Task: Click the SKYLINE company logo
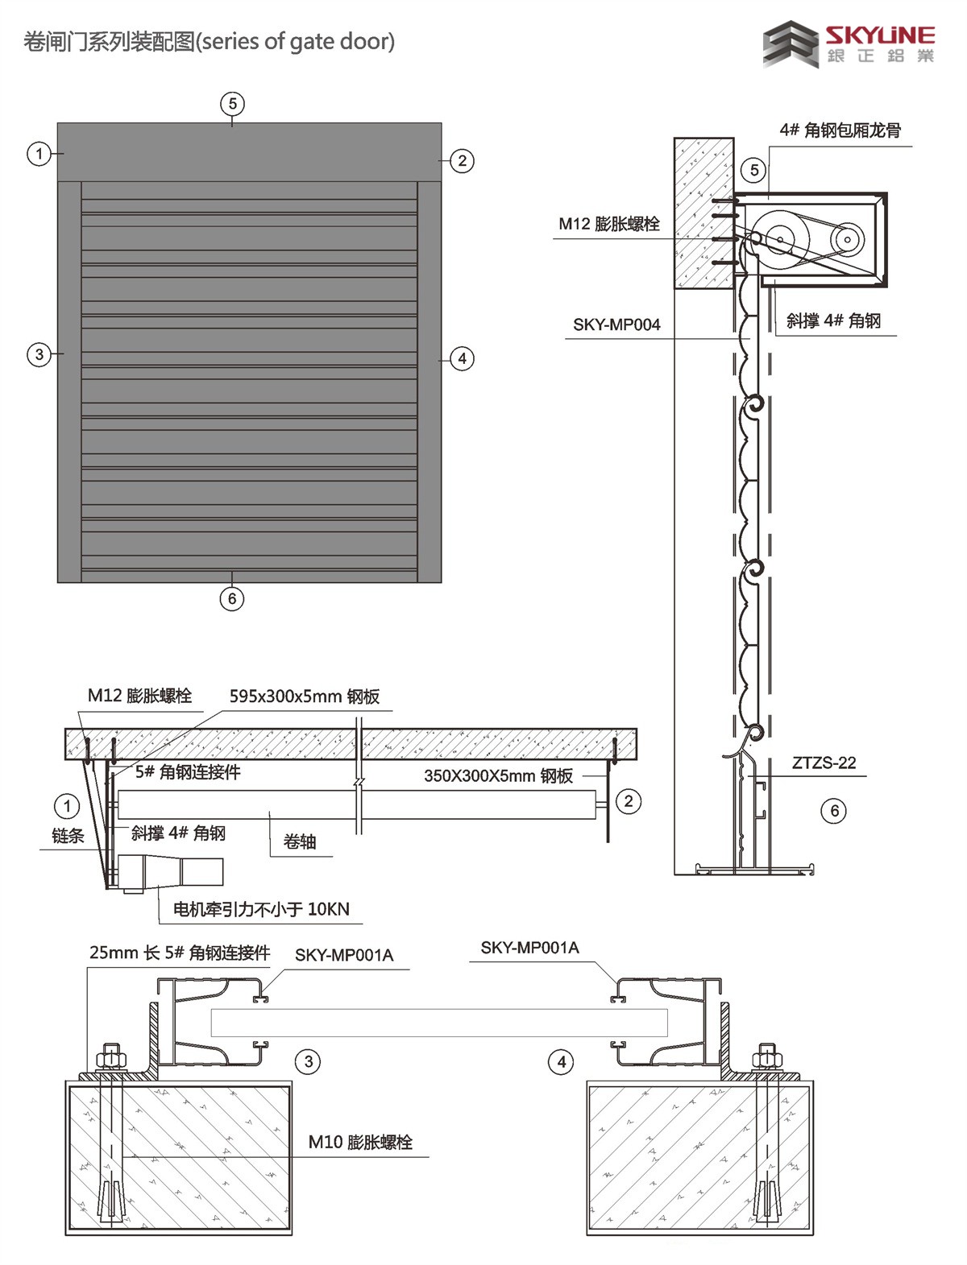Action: (x=849, y=44)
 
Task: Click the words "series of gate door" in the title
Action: (x=297, y=41)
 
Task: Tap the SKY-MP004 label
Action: (x=616, y=325)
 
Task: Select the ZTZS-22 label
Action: (x=824, y=763)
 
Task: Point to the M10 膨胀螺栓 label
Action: (x=360, y=1142)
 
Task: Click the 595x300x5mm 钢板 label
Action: (x=304, y=697)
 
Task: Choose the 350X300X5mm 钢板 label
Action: (x=498, y=775)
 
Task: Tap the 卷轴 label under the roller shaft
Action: (x=299, y=841)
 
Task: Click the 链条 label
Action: (x=68, y=836)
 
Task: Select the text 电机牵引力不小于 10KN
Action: (x=262, y=909)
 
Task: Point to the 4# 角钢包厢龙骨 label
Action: (x=840, y=130)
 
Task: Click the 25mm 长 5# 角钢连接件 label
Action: (x=179, y=953)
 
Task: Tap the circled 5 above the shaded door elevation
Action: (x=232, y=103)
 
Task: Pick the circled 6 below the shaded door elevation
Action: (x=232, y=598)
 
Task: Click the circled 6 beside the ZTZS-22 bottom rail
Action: (x=835, y=811)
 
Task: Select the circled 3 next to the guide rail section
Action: (x=309, y=1061)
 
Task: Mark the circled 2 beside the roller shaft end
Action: (x=629, y=801)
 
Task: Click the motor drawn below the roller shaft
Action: (x=169, y=873)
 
